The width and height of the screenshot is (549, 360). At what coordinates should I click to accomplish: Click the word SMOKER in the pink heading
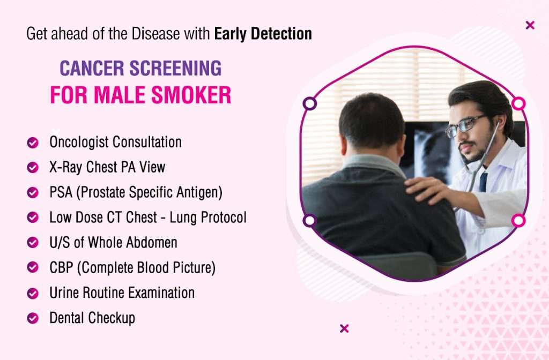click(191, 95)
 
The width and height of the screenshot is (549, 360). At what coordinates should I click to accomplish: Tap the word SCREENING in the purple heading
click(175, 68)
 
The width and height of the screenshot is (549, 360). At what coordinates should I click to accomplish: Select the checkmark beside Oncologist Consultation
click(33, 142)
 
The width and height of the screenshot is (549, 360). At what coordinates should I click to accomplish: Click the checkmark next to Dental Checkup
click(33, 318)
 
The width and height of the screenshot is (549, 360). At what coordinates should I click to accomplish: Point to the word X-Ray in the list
click(66, 167)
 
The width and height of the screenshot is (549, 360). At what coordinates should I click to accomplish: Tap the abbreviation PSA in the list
click(61, 192)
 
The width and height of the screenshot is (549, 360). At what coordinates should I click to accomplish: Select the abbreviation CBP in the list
click(61, 268)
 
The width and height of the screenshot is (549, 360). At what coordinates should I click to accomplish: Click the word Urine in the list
click(64, 293)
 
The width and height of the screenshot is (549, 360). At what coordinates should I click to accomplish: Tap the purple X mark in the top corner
click(530, 25)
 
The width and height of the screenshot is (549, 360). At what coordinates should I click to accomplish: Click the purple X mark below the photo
click(344, 328)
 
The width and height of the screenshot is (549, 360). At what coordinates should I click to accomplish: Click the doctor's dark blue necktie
click(484, 182)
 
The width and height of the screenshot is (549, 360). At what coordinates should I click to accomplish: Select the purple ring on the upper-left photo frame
click(309, 103)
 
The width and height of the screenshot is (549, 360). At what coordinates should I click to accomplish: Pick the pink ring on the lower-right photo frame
click(518, 221)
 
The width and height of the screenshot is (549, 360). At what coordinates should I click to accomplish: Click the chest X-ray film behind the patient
click(430, 151)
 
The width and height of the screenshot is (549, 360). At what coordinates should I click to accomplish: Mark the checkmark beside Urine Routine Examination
click(33, 293)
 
